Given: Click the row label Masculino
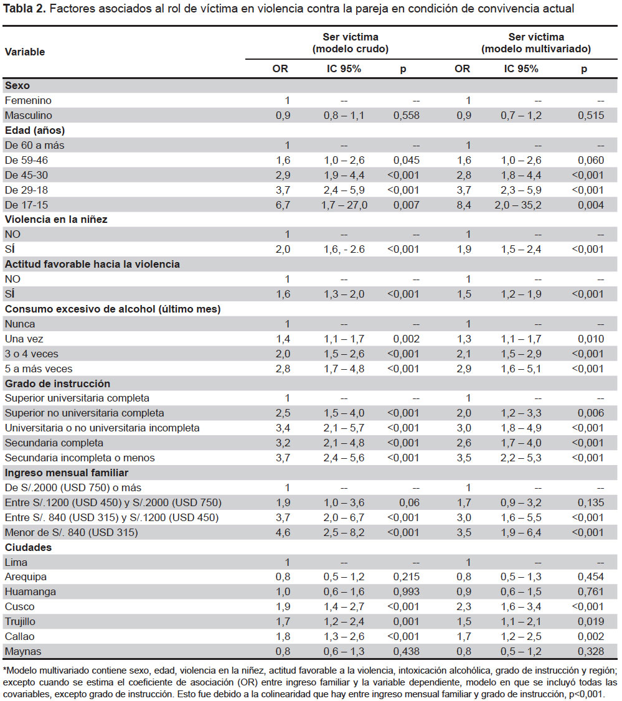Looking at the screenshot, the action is point(28,115).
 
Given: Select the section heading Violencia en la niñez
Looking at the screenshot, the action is point(56,220).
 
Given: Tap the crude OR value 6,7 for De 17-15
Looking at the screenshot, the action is point(283,205).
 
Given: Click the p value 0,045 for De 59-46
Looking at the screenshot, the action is point(407,160).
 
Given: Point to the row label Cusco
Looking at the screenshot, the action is point(20,606).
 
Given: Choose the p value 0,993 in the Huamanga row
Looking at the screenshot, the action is point(407,592).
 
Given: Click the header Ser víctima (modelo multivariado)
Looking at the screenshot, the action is point(536,43).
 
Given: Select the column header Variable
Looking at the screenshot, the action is point(25,52).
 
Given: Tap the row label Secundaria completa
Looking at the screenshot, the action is point(54,443).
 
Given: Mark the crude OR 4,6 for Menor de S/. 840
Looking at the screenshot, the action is point(283,532).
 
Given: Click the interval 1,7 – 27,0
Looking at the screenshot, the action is point(344,205).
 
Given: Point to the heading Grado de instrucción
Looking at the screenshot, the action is point(57,383).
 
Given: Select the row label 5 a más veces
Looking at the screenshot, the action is point(39,369).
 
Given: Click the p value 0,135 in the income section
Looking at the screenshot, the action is point(591,502).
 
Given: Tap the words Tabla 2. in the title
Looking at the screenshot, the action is point(24,9).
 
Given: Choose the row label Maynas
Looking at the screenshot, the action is point(23,651).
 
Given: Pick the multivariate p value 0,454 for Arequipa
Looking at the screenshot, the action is point(591,576).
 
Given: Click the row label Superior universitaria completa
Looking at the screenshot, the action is point(77,398).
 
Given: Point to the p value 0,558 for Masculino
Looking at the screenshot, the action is point(407,115).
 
